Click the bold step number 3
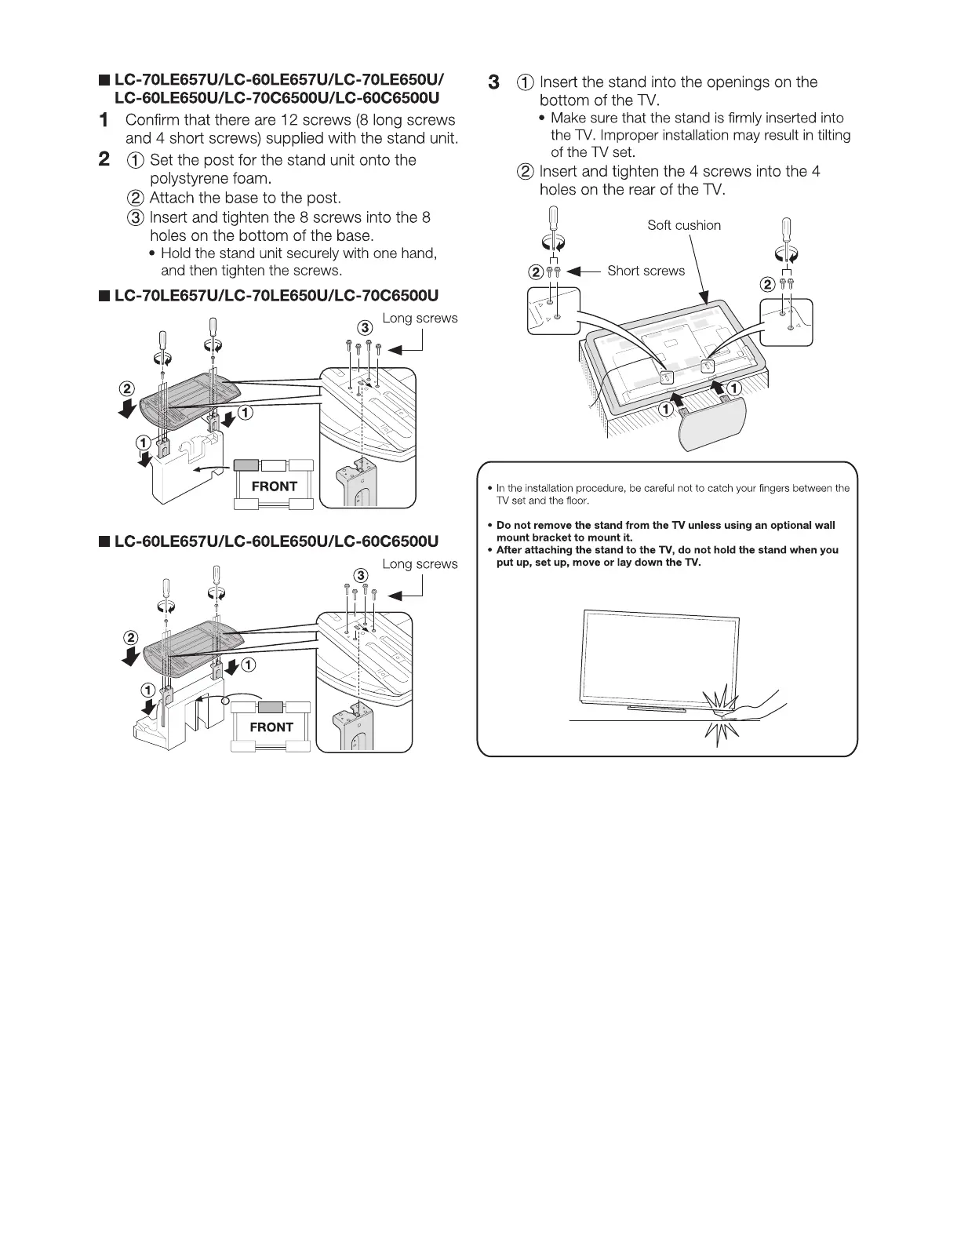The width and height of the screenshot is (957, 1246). [493, 82]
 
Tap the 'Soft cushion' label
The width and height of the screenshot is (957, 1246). [683, 225]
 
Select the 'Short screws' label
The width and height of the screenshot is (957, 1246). [646, 271]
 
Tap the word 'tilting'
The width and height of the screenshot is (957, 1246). [830, 135]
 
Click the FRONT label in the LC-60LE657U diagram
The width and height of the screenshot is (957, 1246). [271, 727]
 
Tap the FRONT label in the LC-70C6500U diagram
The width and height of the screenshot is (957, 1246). [274, 486]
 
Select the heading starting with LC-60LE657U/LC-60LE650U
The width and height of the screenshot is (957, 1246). [276, 541]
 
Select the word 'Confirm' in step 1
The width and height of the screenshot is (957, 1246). [152, 120]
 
